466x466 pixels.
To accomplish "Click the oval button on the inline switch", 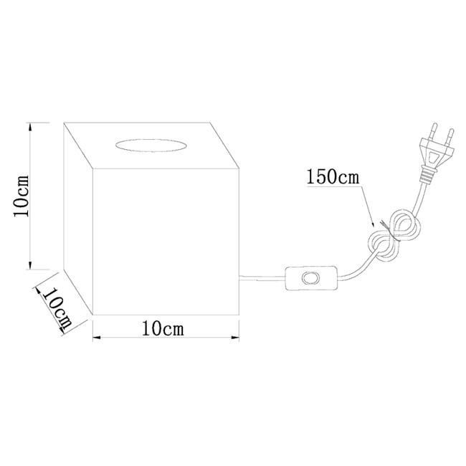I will pyautogui.click(x=310, y=278).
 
